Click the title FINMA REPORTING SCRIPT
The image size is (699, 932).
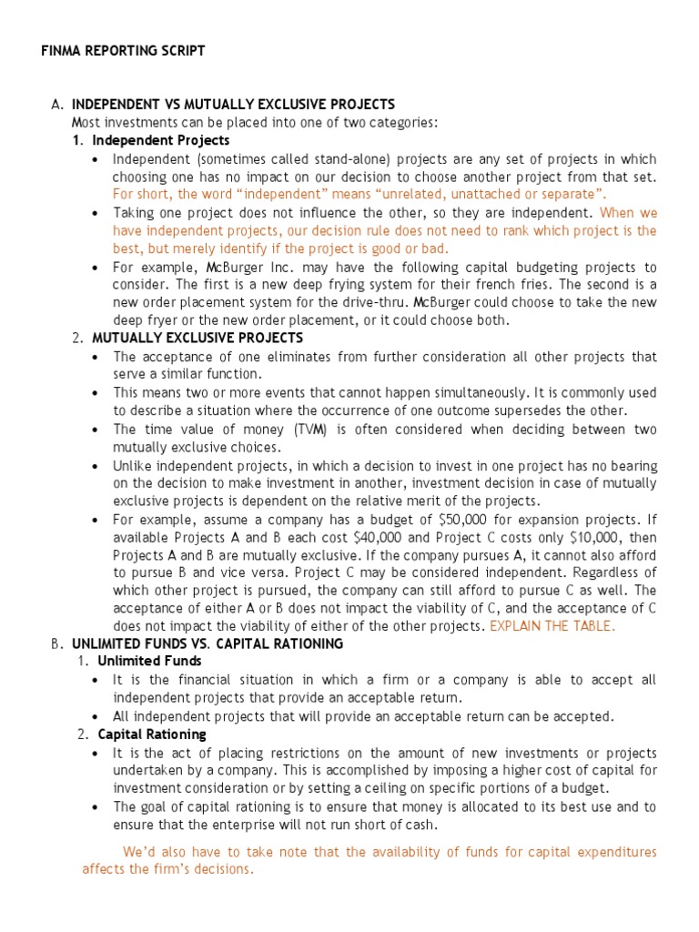pyautogui.click(x=123, y=51)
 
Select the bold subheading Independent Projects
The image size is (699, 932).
pyautogui.click(x=161, y=140)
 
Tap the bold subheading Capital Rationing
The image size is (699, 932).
pyautogui.click(x=152, y=734)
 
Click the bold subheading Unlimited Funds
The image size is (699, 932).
pyautogui.click(x=150, y=661)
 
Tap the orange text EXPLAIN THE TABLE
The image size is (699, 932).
pyautogui.click(x=552, y=626)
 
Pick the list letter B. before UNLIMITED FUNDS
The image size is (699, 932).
pyautogui.click(x=56, y=643)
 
